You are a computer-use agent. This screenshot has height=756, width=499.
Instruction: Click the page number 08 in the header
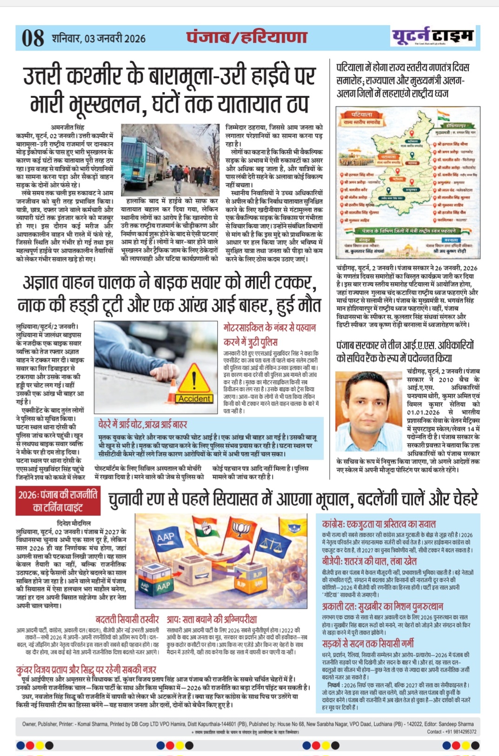(33, 38)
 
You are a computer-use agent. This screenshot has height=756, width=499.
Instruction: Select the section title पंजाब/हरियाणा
(247, 37)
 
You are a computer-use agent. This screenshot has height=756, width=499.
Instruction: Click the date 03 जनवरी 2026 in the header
(115, 39)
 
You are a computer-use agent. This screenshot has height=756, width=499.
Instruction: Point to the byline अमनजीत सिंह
(67, 127)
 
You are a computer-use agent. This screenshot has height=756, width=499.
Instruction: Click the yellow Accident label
(194, 399)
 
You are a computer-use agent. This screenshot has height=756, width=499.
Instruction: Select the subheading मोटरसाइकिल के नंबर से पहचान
(269, 328)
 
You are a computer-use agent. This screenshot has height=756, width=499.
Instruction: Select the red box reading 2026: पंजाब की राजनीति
(58, 501)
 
